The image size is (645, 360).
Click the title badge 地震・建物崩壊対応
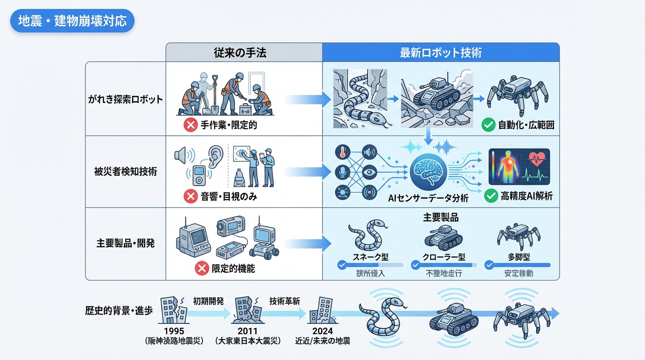click(x=72, y=22)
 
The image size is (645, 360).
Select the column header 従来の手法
click(x=243, y=52)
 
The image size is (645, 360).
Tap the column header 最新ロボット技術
click(x=440, y=52)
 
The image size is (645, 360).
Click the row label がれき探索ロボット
click(x=125, y=99)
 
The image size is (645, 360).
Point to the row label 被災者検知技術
click(x=126, y=172)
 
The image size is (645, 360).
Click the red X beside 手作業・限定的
click(x=190, y=125)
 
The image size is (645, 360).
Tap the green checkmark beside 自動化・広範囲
click(x=488, y=125)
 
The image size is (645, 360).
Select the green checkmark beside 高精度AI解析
click(x=491, y=196)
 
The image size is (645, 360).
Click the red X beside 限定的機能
click(x=201, y=269)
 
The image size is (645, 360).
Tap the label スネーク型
click(x=370, y=257)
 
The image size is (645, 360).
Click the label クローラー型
click(x=444, y=257)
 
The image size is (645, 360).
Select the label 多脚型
click(x=517, y=257)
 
